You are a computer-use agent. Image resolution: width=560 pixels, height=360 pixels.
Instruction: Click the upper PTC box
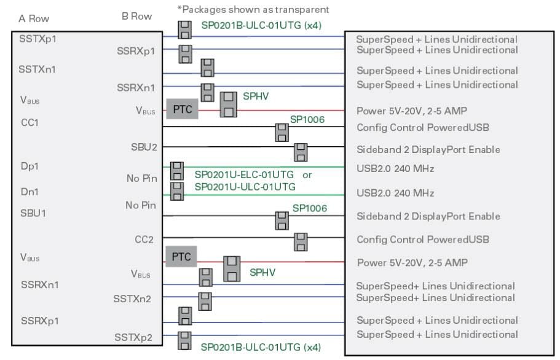click(182, 109)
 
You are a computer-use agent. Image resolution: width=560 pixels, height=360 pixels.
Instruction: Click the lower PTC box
click(181, 257)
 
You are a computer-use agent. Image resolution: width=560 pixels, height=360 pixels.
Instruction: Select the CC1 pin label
click(30, 123)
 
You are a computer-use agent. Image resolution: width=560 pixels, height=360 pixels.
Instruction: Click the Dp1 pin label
click(30, 166)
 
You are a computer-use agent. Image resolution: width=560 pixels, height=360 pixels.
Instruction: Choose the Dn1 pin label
click(30, 192)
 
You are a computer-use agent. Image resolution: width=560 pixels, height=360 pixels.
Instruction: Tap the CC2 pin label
click(144, 239)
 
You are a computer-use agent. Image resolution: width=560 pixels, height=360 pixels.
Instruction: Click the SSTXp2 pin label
click(135, 337)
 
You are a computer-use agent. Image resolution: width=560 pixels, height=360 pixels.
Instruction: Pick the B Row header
click(136, 17)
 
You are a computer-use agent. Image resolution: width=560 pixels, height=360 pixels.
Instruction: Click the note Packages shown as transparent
click(252, 9)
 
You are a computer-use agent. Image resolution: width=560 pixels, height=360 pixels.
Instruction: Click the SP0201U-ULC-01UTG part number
click(245, 187)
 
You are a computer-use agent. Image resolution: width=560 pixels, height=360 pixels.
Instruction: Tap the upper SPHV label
click(257, 97)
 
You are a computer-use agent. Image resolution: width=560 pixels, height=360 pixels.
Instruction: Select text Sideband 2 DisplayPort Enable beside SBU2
click(428, 150)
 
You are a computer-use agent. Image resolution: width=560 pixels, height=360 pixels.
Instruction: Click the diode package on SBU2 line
click(301, 152)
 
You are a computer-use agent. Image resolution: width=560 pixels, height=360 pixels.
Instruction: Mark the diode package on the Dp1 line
click(177, 171)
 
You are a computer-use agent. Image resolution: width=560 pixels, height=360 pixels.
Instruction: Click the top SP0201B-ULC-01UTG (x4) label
click(261, 26)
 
